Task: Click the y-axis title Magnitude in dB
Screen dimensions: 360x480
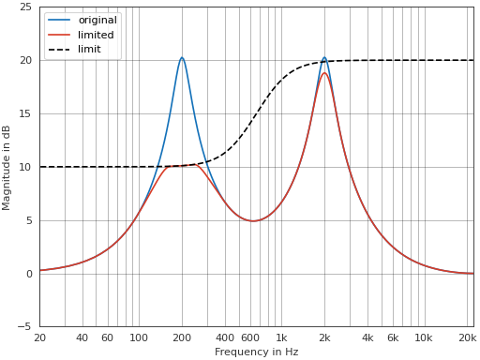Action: tap(7, 167)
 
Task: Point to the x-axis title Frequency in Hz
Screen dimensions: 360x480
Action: tap(256, 352)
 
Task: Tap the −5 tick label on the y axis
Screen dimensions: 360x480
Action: tap(26, 327)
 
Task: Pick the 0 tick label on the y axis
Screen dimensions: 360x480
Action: tap(29, 274)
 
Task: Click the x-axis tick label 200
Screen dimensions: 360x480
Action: tap(182, 337)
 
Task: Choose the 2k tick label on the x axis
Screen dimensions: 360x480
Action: tap(324, 337)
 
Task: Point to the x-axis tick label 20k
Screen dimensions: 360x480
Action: tap(467, 337)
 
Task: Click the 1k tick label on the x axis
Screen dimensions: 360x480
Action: tap(281, 337)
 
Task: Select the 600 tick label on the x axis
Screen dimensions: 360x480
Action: tap(249, 337)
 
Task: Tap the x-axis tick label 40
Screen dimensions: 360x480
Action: tap(82, 337)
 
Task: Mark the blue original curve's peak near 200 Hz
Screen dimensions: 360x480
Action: tap(182, 57)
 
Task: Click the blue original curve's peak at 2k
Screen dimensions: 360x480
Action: tap(324, 57)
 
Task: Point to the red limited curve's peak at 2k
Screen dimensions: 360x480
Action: tap(324, 73)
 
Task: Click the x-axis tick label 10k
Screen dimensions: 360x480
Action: tap(424, 337)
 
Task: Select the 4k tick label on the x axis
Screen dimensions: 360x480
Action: tap(367, 337)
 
